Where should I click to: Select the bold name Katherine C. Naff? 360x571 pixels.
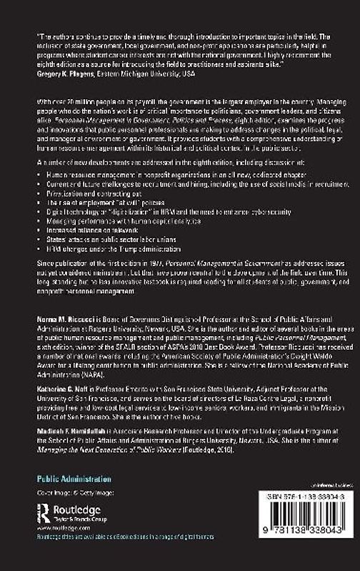click(61, 364)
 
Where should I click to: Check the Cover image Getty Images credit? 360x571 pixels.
click(69, 493)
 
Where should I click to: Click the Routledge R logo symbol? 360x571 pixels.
click(46, 512)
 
